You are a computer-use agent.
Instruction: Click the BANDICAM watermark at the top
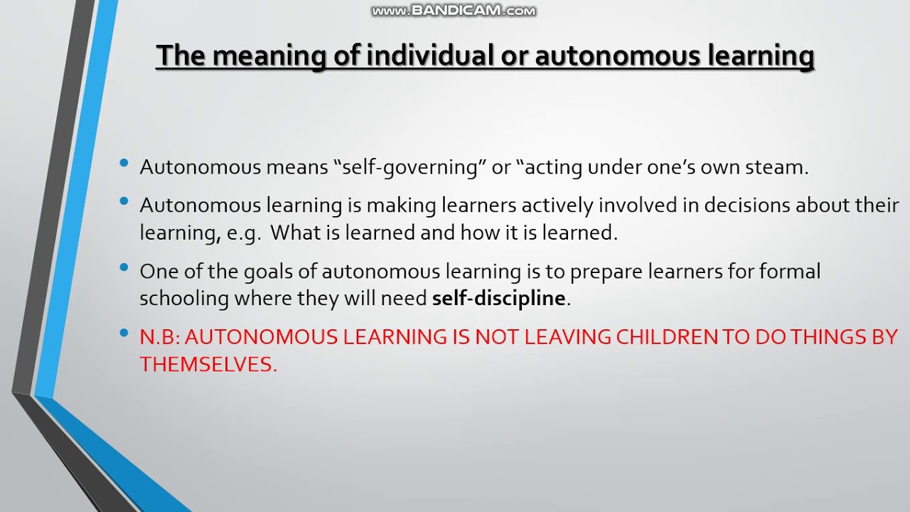pyautogui.click(x=454, y=11)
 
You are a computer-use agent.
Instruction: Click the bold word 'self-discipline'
pyautogui.click(x=498, y=298)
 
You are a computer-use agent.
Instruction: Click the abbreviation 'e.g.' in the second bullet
pyautogui.click(x=243, y=233)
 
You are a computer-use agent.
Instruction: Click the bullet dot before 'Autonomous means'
pyautogui.click(x=124, y=164)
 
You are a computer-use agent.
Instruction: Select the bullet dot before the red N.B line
pyautogui.click(x=124, y=334)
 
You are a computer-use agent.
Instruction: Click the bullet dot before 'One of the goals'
pyautogui.click(x=124, y=268)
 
